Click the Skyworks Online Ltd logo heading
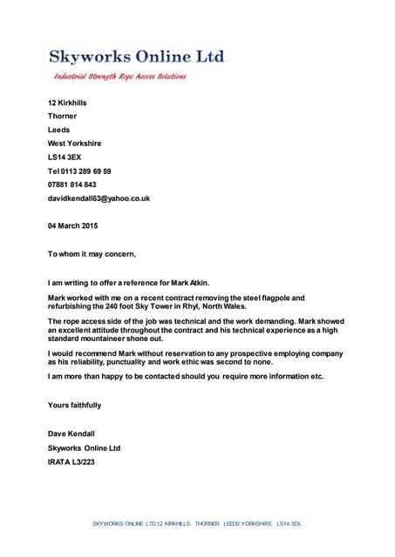(x=136, y=57)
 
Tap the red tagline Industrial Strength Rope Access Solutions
(x=120, y=77)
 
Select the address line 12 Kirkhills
(x=67, y=103)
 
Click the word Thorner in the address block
(x=62, y=116)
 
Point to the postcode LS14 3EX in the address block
(x=64, y=157)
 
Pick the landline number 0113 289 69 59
(x=86, y=171)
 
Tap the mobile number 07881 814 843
(x=72, y=185)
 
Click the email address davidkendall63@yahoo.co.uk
(x=99, y=198)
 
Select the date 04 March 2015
(x=72, y=225)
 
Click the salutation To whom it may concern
(x=92, y=253)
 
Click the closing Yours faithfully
(x=74, y=405)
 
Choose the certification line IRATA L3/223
(x=71, y=461)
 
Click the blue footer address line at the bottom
(x=197, y=523)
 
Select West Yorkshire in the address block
(x=74, y=143)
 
